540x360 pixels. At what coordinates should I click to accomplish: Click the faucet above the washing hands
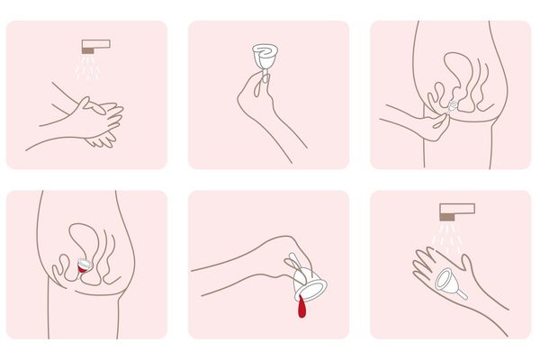[x=94, y=44]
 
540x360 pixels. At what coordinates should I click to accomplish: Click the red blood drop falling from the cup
[x=300, y=310]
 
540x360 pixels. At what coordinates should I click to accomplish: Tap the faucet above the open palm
[x=456, y=211]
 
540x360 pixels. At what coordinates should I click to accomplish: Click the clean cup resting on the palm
[x=447, y=281]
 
